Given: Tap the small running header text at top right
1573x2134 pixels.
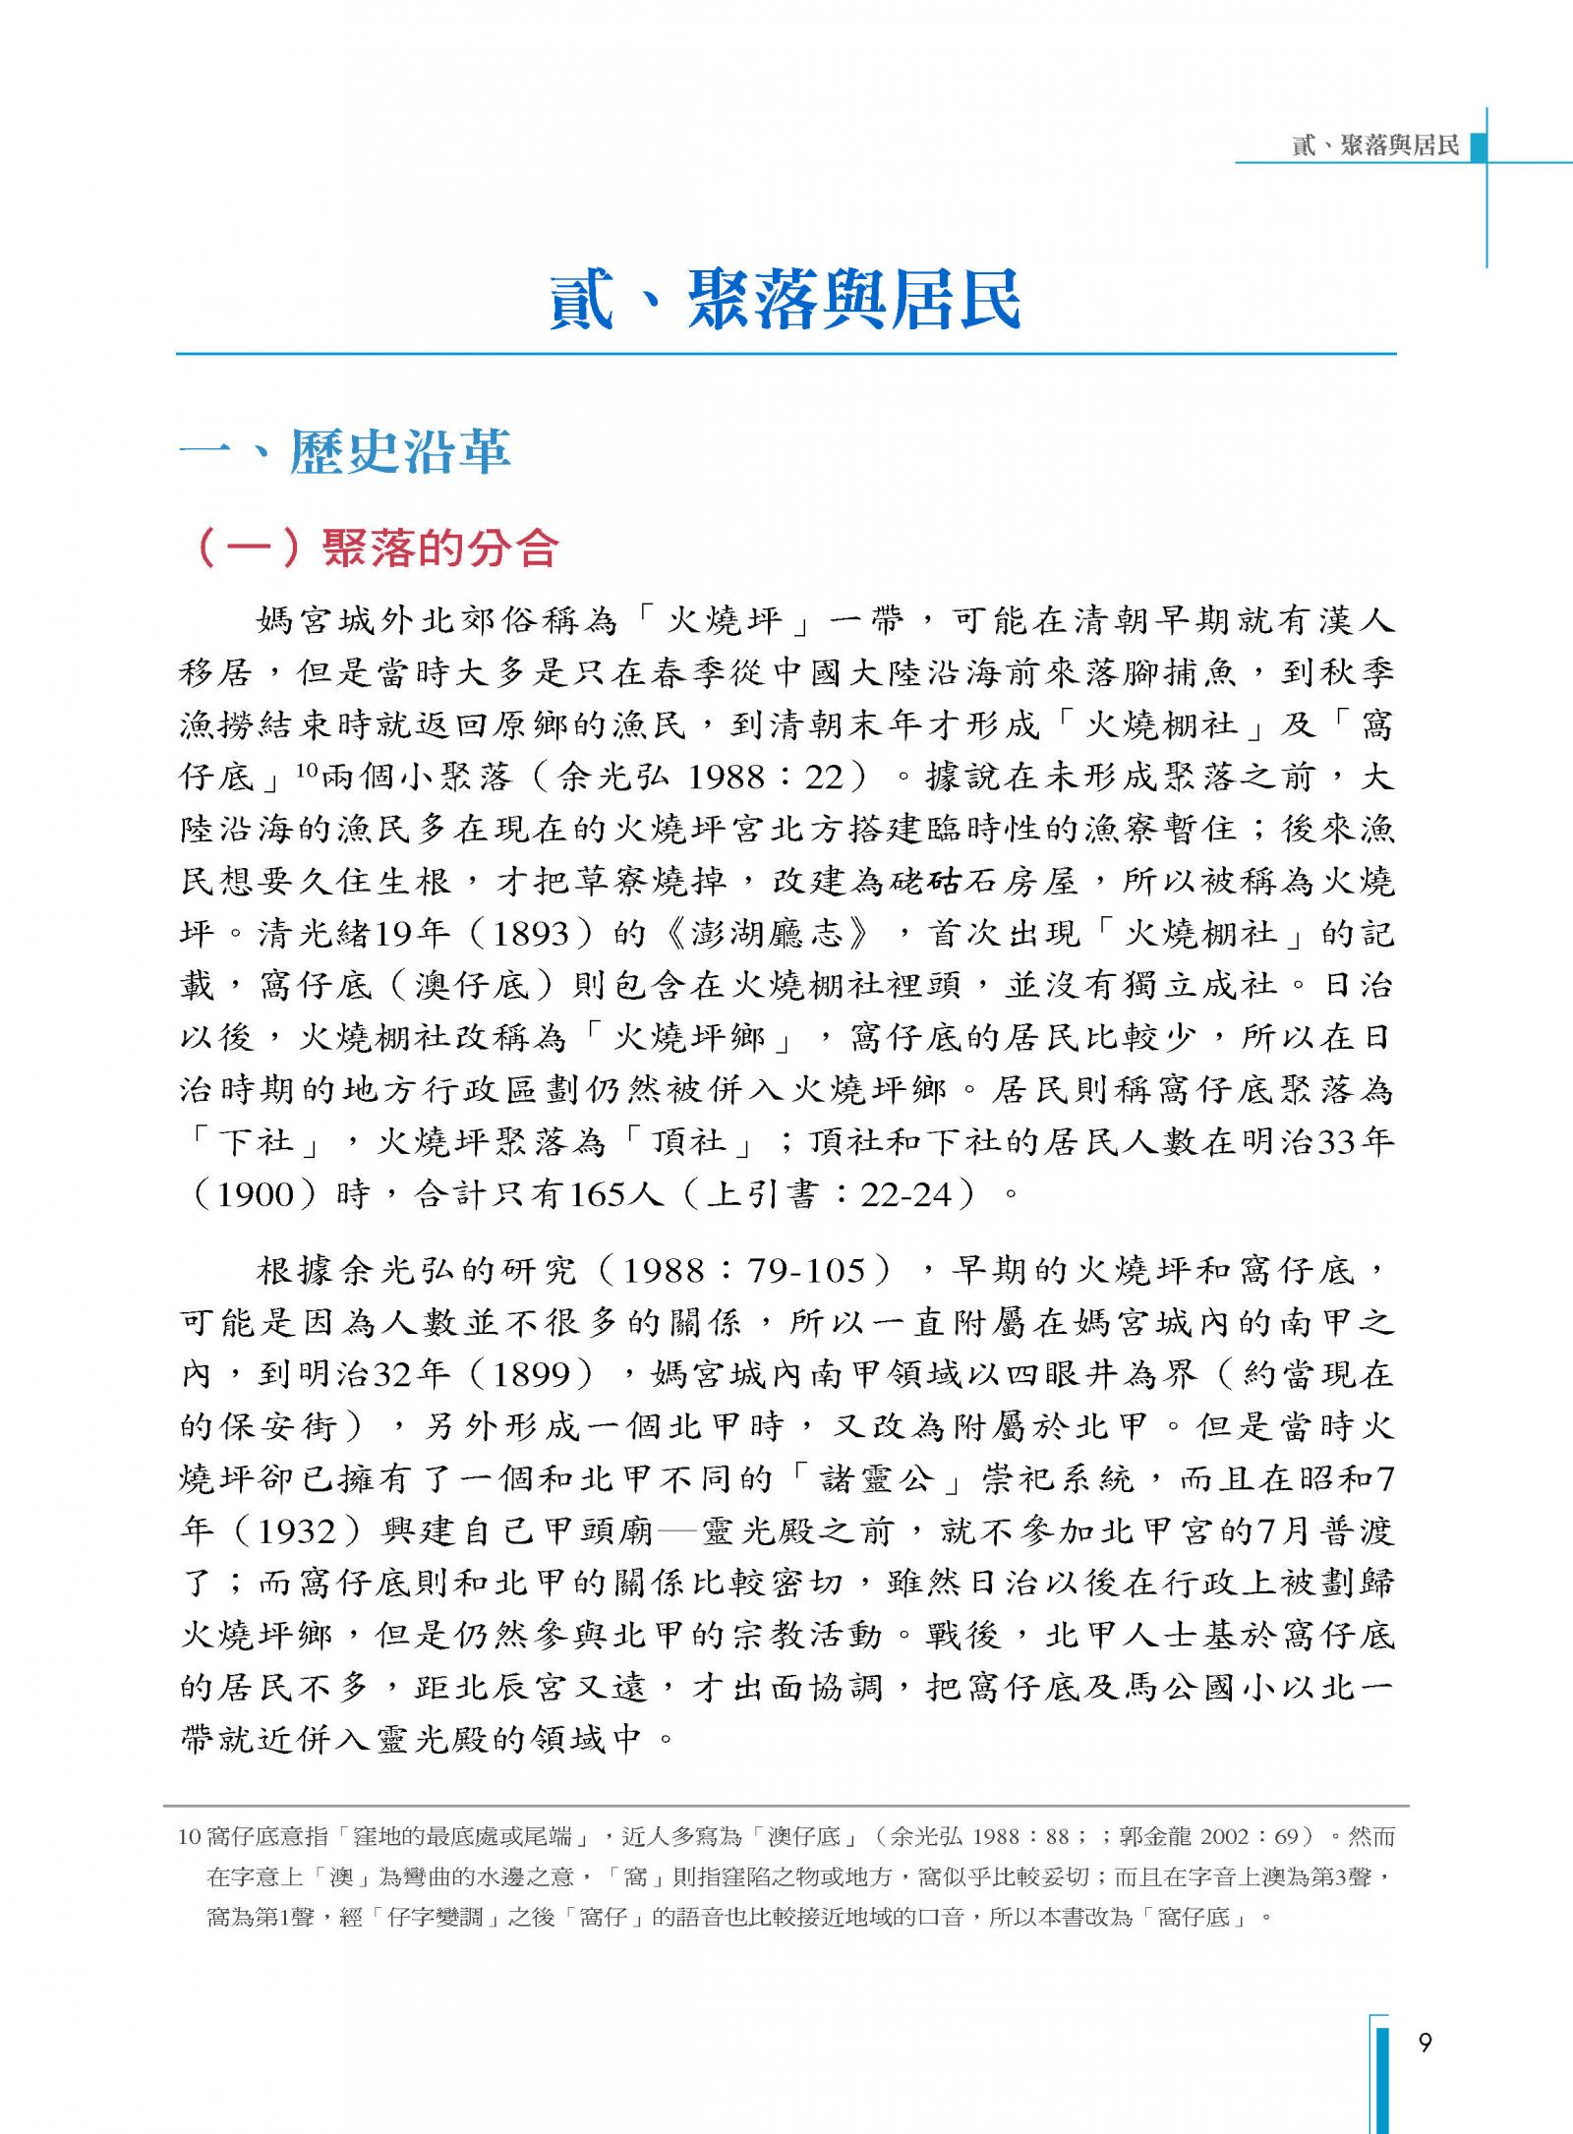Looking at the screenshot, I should (x=1375, y=145).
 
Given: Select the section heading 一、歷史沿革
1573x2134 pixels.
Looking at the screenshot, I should (x=346, y=453).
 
